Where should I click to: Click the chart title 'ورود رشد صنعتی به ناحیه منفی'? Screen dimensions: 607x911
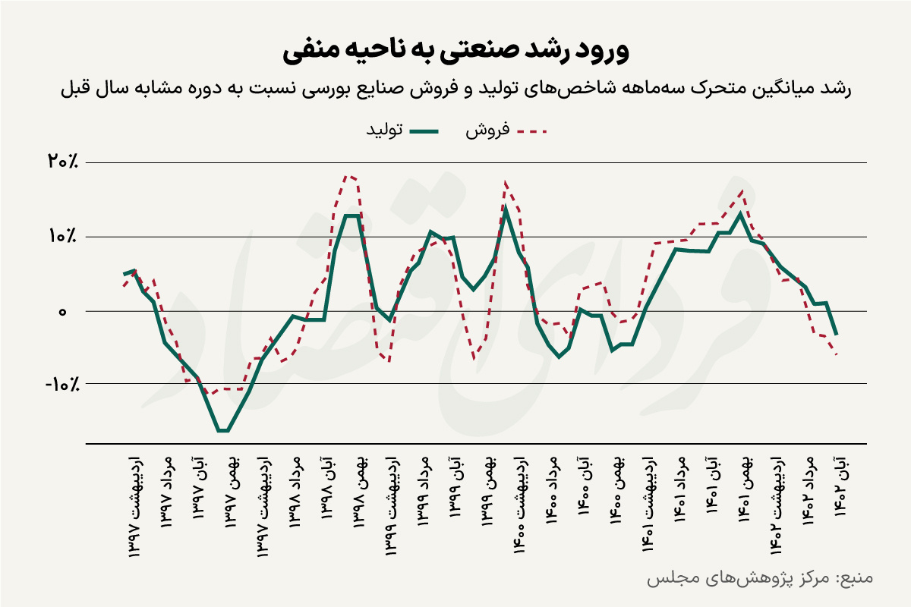(455, 51)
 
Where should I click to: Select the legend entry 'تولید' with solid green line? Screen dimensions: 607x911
(402, 131)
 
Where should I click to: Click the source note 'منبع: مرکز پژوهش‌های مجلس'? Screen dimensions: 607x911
(759, 578)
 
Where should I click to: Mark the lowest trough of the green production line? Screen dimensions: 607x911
(223, 431)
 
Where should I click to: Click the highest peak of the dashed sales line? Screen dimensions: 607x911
(348, 175)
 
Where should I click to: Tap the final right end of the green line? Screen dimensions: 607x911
(836, 335)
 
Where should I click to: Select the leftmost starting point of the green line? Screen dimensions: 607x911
(124, 274)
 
